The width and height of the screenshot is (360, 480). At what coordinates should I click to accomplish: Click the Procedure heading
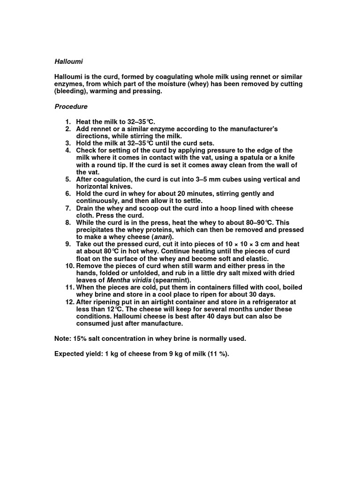(71, 106)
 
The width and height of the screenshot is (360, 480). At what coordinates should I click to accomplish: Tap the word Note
(63, 338)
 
